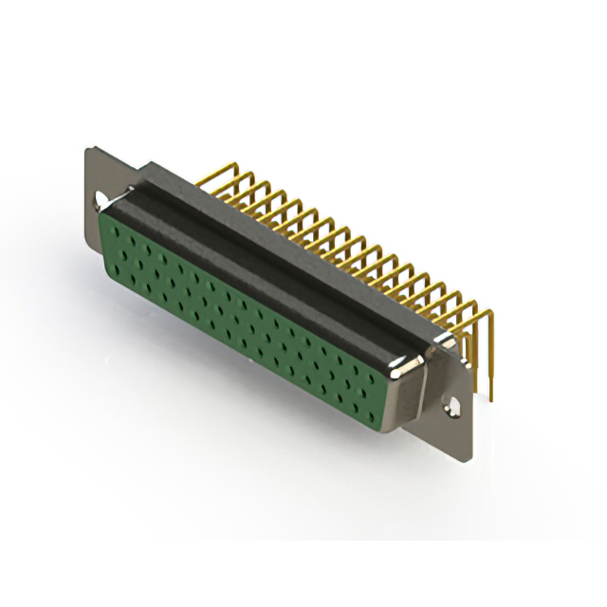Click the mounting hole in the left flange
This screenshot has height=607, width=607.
coord(100,200)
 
